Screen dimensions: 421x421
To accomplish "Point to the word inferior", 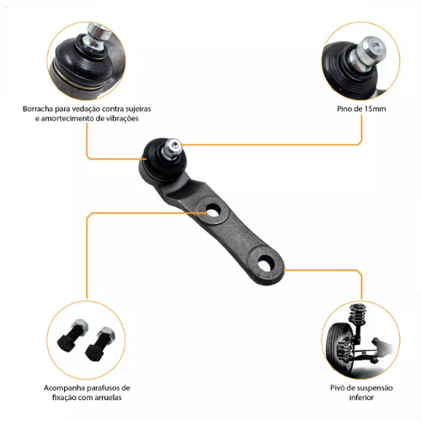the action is pos(361,397).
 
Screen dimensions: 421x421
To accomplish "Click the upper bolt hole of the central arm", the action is pos(213,210).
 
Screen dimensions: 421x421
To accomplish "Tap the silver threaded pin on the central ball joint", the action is pos(171,148).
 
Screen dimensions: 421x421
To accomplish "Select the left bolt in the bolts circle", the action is pos(72,334).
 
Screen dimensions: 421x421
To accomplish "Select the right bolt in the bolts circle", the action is pos(99,344).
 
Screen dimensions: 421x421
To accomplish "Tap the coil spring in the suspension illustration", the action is pos(358,314).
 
